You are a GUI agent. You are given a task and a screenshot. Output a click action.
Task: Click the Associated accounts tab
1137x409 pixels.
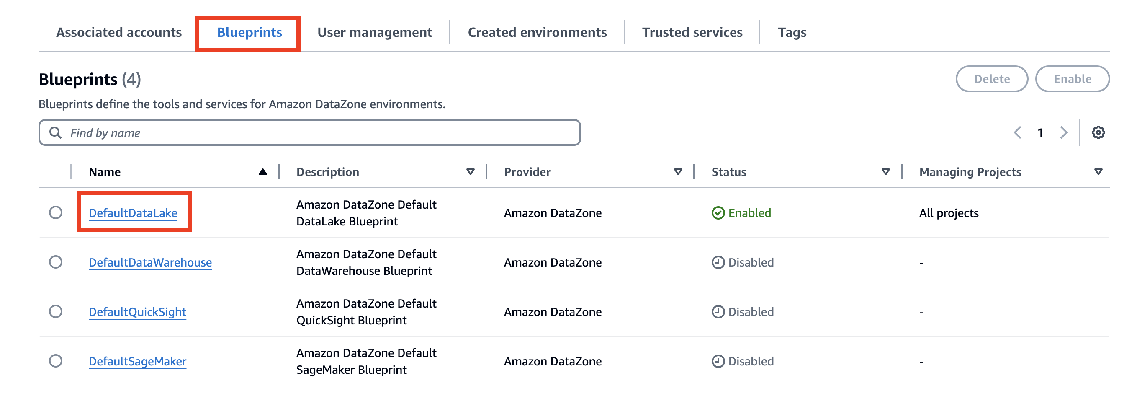click(119, 32)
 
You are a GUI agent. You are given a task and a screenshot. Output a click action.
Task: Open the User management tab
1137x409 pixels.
click(374, 32)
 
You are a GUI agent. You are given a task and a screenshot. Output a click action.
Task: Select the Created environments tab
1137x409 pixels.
click(537, 32)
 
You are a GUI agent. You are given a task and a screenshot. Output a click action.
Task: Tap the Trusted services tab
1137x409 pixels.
click(692, 32)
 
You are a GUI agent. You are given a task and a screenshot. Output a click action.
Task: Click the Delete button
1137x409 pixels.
click(991, 79)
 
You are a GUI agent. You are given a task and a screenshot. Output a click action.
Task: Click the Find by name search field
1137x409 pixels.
click(309, 132)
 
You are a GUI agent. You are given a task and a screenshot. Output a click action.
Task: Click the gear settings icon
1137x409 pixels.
click(1098, 132)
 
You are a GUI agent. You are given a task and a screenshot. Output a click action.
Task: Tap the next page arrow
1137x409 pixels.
click(1063, 132)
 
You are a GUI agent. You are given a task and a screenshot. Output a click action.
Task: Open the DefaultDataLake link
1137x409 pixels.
click(133, 213)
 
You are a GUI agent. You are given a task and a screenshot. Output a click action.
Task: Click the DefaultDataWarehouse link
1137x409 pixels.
click(150, 262)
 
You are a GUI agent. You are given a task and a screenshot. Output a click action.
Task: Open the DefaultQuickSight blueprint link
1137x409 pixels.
click(137, 312)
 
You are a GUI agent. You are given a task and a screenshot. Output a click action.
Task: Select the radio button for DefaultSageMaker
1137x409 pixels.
click(56, 361)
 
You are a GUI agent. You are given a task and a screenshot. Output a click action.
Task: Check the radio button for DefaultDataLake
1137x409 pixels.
click(56, 212)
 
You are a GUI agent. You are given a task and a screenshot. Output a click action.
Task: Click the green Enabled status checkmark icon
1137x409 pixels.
click(718, 213)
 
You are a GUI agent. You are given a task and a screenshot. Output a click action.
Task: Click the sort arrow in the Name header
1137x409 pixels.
click(262, 172)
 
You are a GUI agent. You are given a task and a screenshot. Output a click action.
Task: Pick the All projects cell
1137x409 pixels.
click(949, 213)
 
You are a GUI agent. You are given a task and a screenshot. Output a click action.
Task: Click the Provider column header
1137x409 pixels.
click(527, 172)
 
